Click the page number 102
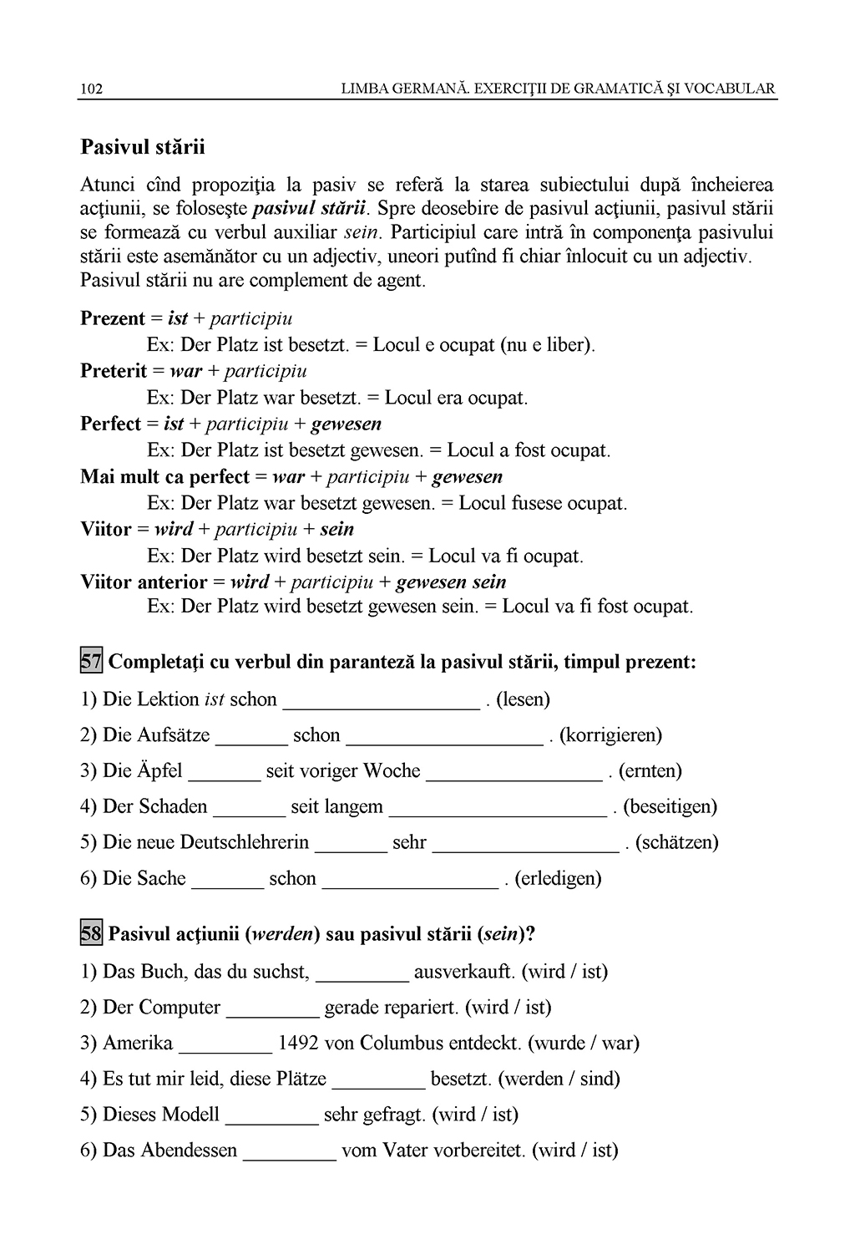tap(91, 89)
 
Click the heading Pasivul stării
tap(142, 148)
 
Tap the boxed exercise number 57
tap(91, 663)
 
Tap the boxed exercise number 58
tap(91, 933)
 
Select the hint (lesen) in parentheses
tap(523, 699)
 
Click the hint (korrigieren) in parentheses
tap(610, 735)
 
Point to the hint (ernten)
tap(650, 770)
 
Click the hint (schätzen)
tap(677, 842)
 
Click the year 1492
tap(298, 1043)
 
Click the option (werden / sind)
tap(559, 1079)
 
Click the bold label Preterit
tap(114, 371)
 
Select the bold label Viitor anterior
tap(144, 582)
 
